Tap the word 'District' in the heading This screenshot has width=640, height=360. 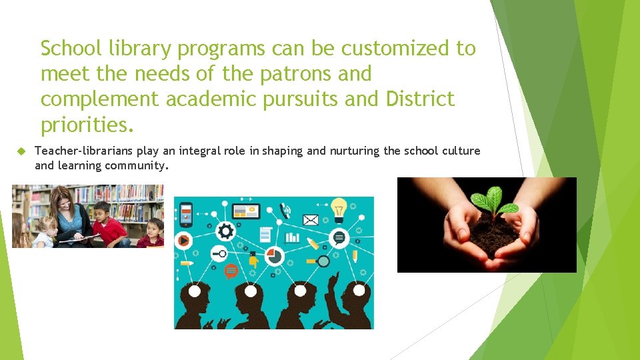[420, 99]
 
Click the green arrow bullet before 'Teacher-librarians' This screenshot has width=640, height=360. [20, 151]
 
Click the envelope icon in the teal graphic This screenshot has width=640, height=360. [311, 219]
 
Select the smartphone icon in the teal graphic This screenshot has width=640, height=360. [186, 213]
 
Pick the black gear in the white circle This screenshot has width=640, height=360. [225, 231]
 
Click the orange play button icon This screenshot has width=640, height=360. [183, 239]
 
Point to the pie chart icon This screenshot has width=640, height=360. [274, 255]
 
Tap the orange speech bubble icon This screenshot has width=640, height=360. [231, 271]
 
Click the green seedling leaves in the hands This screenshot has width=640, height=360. [493, 199]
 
